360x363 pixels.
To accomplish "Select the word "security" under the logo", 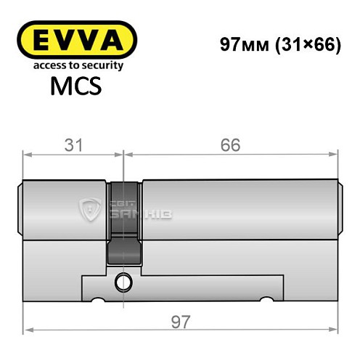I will pos(104,65).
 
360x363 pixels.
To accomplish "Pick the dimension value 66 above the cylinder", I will pos(230,144).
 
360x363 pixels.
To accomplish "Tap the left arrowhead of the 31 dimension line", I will pos(28,153).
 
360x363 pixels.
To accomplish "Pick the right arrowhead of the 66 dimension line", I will pos(335,153).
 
